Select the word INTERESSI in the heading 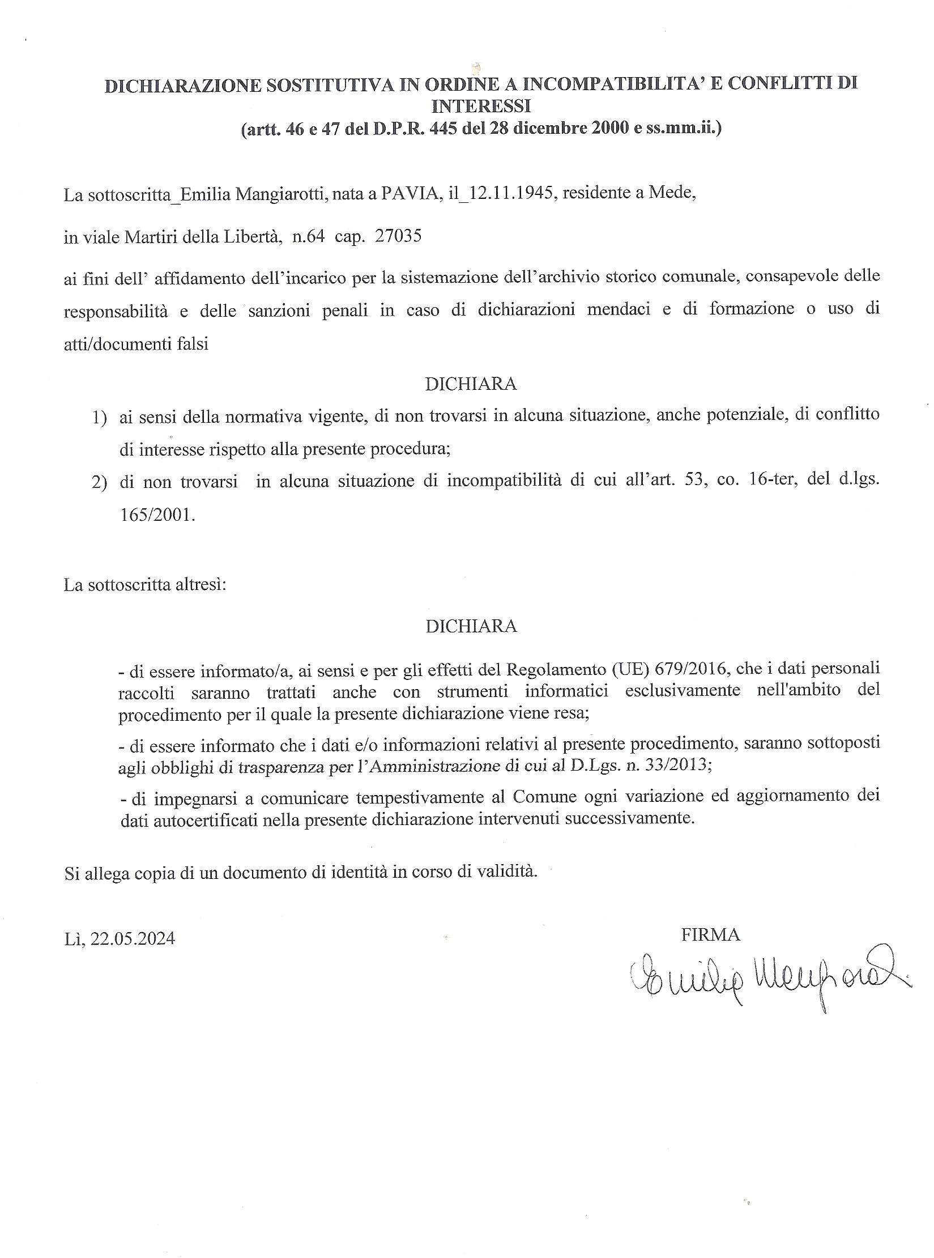(x=480, y=106)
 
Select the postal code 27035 (x=399, y=236)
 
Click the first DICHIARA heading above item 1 (x=471, y=384)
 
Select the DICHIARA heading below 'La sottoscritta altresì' (x=471, y=626)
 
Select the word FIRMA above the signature (x=710, y=934)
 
